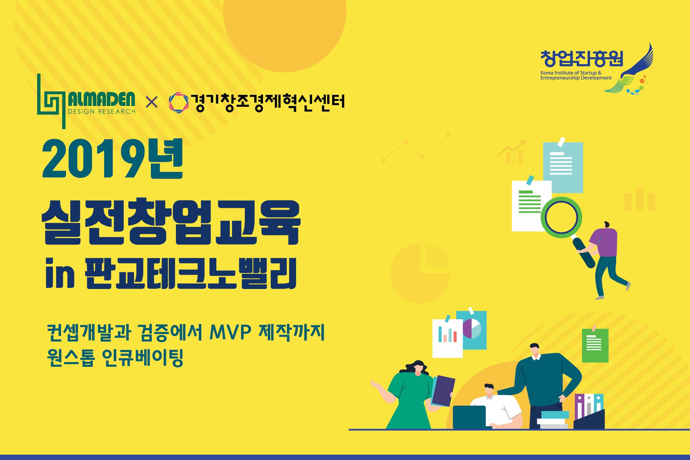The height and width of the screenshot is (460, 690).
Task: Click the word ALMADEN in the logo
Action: (102, 99)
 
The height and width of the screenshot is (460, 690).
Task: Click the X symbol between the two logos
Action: (152, 102)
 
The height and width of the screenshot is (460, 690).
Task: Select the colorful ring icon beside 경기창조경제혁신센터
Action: (178, 102)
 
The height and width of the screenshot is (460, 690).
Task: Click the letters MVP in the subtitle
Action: (230, 332)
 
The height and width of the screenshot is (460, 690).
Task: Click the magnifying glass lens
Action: (561, 217)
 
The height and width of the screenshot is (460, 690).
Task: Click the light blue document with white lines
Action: (563, 167)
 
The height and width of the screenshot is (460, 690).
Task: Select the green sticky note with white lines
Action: (595, 345)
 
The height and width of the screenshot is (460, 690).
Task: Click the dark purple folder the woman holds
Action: (443, 391)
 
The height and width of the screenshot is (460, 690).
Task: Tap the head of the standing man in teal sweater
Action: (535, 350)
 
